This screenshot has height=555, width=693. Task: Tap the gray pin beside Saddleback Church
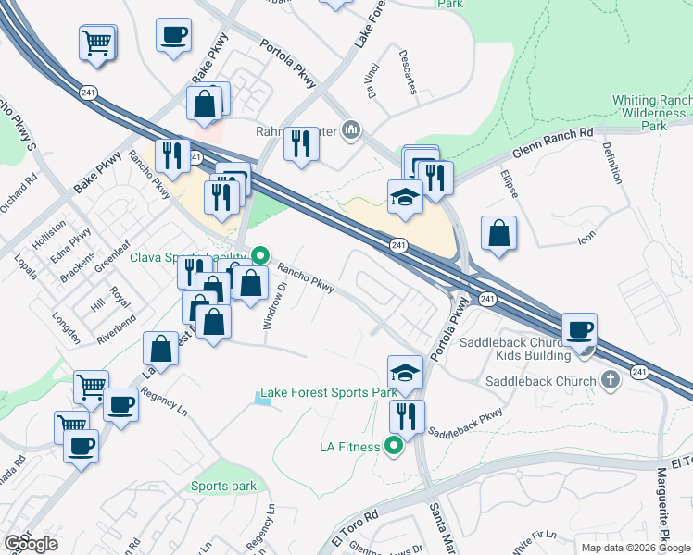pos(610,379)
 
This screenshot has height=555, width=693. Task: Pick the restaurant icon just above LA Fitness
pos(407,416)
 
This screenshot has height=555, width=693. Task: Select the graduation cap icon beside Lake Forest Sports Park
pos(404,372)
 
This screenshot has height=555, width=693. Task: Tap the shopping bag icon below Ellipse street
pos(498,233)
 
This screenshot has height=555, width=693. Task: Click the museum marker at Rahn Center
pos(350,129)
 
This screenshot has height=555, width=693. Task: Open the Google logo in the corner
pos(31,544)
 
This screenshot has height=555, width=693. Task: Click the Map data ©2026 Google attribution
pos(635,547)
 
